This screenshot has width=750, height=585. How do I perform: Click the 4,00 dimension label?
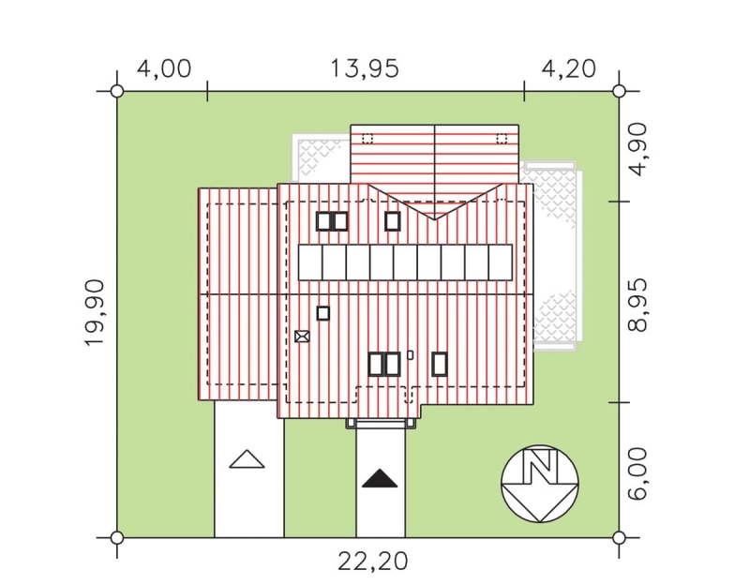point(164,68)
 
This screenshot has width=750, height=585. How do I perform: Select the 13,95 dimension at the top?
point(365,68)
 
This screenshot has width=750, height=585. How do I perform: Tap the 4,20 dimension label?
point(569,68)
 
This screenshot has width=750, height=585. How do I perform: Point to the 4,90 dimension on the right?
point(638,150)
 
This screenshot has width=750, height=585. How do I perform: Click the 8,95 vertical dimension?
point(638,306)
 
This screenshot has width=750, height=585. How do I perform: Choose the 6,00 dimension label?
point(638,474)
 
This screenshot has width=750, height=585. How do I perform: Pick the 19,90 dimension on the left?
point(95,312)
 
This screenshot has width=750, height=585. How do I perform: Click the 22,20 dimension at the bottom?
point(373,562)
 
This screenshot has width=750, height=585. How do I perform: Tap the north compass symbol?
point(540,484)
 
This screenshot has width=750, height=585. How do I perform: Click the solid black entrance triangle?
point(380,479)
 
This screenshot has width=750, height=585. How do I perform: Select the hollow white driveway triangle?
point(247,459)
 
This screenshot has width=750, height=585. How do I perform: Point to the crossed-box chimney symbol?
point(302,337)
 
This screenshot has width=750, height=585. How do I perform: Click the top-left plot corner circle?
point(116,91)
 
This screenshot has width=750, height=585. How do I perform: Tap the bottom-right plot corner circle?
point(619,538)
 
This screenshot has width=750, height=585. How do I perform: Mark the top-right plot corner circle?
point(619,91)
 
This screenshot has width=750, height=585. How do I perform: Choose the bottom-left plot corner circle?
point(116,538)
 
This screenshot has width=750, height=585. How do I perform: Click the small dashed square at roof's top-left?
point(367,139)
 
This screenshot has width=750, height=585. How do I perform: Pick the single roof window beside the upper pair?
point(393,221)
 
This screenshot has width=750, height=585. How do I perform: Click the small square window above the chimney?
point(323,313)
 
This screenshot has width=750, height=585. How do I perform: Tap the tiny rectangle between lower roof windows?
point(410,355)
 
